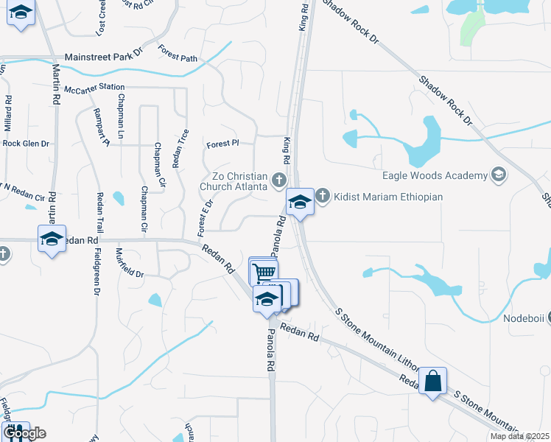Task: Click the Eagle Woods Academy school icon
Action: point(499,175)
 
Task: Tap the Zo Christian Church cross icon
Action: point(278,179)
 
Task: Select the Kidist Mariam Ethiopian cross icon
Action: point(323,197)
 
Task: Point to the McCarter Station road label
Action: point(94,88)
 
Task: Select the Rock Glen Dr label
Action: point(26,144)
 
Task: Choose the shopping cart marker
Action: point(264,272)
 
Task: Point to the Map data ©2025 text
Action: point(519,436)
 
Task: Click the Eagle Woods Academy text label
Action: point(435,175)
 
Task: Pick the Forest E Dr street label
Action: point(205,214)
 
